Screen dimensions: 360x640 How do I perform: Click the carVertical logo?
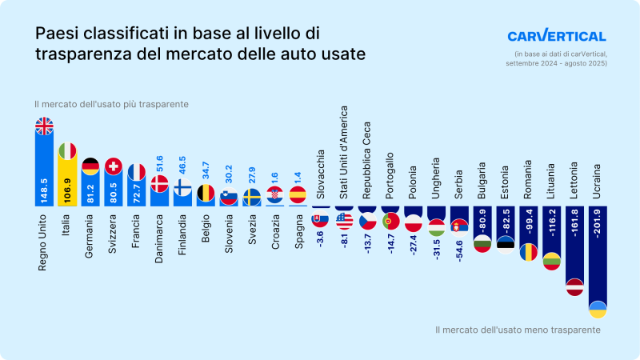point(557,36)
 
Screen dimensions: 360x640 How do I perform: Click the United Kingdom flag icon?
point(44,126)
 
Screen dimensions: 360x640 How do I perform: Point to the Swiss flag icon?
point(114,167)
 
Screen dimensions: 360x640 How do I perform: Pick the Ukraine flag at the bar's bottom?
point(598,309)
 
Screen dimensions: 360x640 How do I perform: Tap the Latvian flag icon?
point(574,286)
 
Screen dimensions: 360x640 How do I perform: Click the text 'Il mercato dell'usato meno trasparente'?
point(518,330)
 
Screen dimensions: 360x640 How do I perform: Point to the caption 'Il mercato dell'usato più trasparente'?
point(111,105)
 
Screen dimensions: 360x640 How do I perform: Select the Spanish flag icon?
point(298,194)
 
